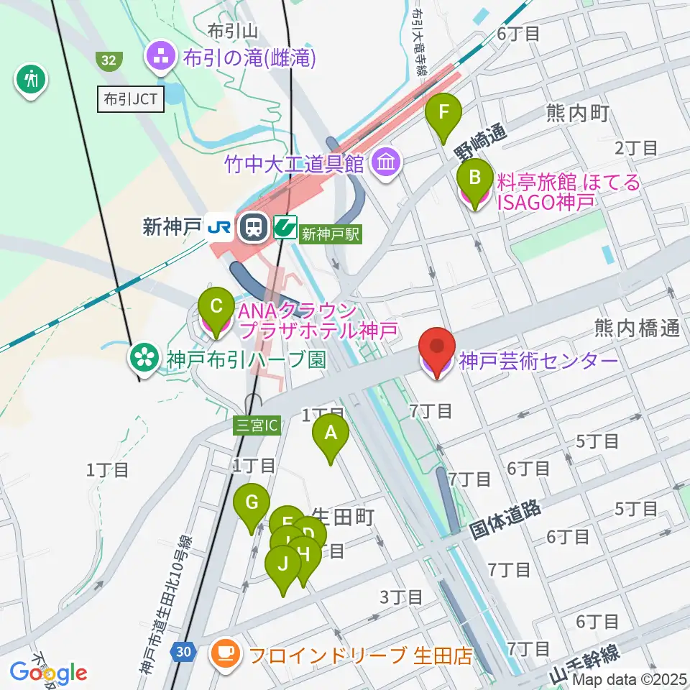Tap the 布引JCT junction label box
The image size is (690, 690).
[132, 100]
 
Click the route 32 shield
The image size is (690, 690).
[108, 61]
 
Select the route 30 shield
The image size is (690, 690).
[183, 651]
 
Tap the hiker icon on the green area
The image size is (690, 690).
[31, 78]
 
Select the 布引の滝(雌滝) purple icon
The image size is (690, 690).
[159, 57]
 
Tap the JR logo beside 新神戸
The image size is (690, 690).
[218, 228]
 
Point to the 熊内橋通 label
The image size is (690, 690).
[637, 329]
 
